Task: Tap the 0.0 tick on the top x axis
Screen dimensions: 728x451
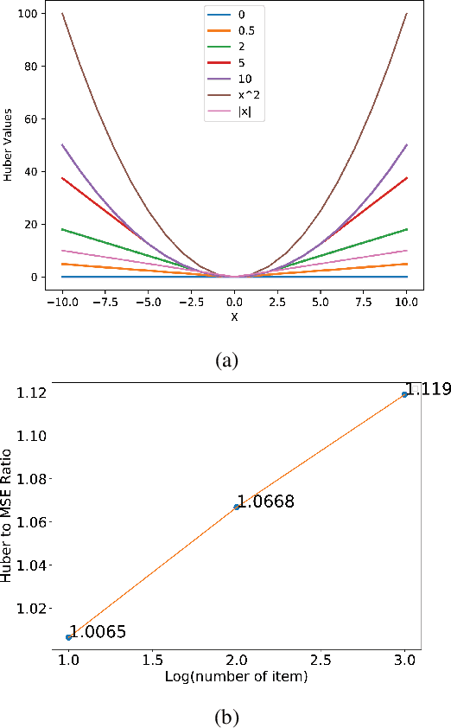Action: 234,303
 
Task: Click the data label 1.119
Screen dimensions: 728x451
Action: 429,390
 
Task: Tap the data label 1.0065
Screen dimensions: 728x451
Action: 98,631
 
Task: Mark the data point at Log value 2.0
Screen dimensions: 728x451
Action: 237,507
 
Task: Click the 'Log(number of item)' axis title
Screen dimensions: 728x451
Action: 236,675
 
